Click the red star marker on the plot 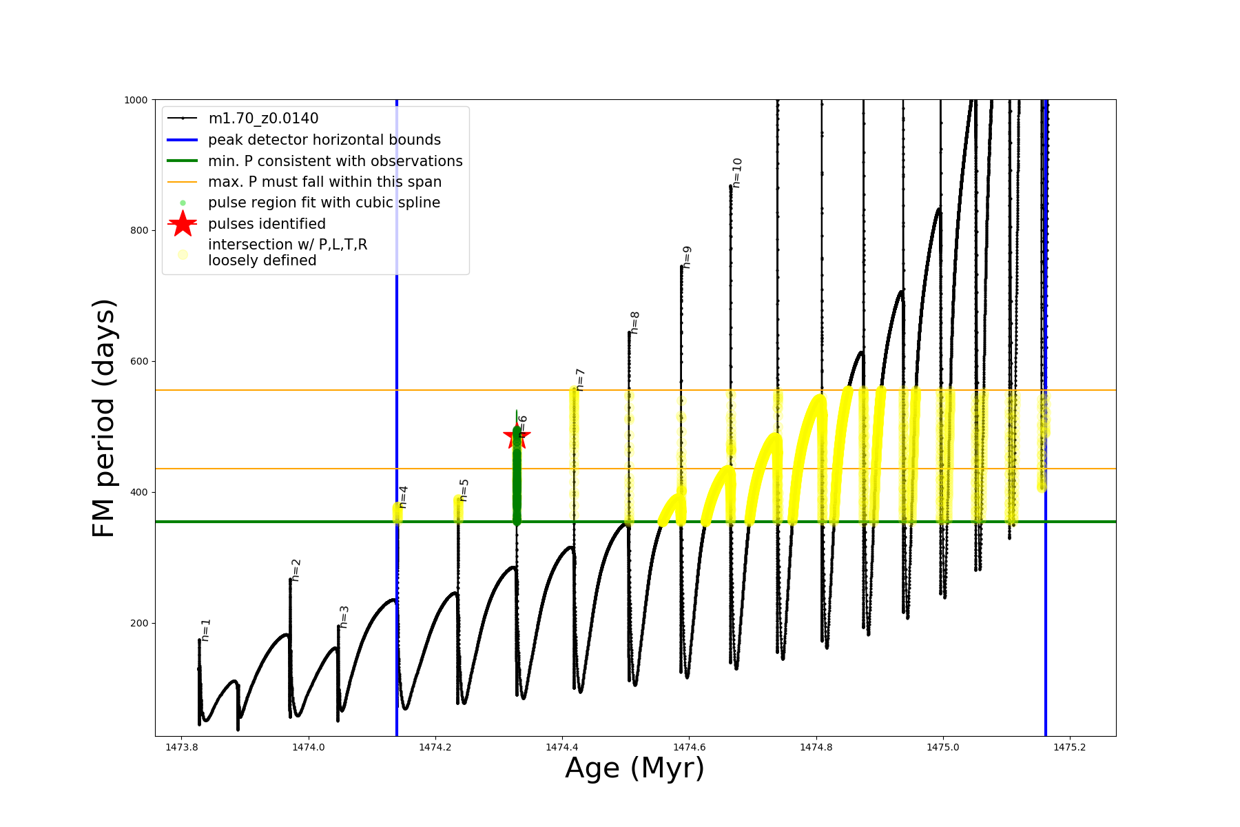[x=517, y=436]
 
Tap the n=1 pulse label [x=206, y=630]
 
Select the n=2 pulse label [x=296, y=570]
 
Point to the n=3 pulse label [x=344, y=617]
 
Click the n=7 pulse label [x=581, y=380]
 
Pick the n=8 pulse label [x=635, y=323]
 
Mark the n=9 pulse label [x=687, y=257]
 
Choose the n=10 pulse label [x=737, y=173]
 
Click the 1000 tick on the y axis [x=136, y=100]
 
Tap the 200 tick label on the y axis [x=140, y=623]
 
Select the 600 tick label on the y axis [x=140, y=361]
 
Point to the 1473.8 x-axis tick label [x=182, y=747]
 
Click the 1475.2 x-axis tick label [x=1069, y=747]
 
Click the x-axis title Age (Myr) [x=634, y=768]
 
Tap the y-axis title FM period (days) [x=103, y=418]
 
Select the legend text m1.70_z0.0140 [x=263, y=119]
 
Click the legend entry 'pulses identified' [x=267, y=224]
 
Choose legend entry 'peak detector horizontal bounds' [x=324, y=140]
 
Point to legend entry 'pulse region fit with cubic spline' [x=324, y=203]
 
